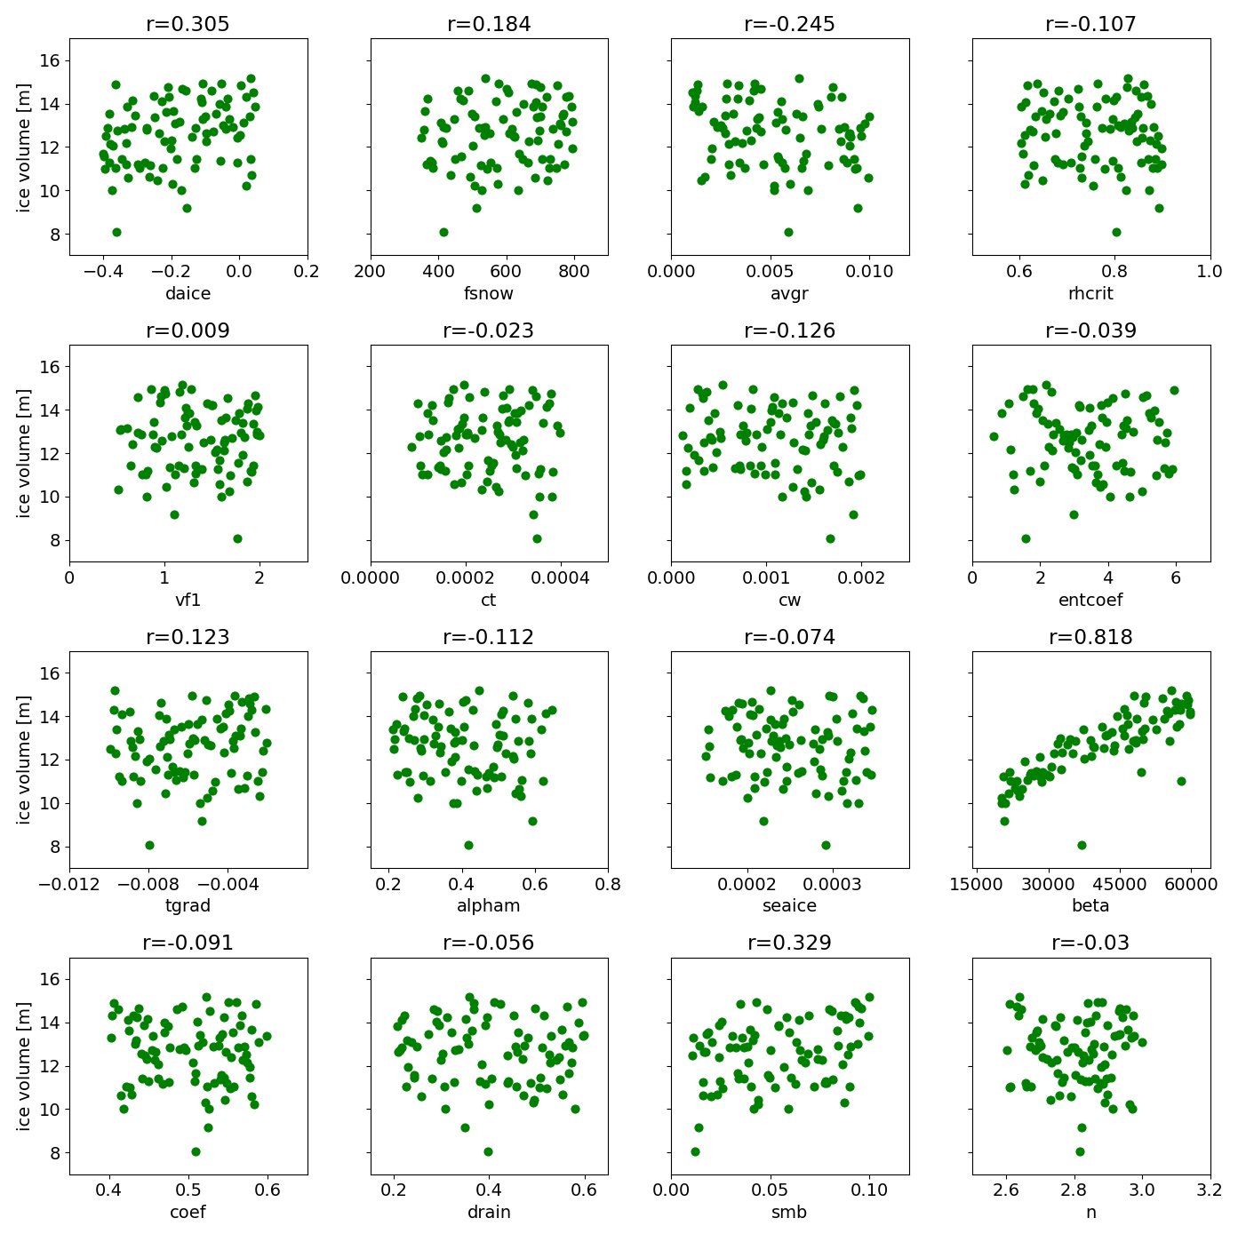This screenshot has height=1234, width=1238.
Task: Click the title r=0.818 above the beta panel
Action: [1090, 637]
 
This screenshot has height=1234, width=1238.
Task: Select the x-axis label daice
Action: [188, 293]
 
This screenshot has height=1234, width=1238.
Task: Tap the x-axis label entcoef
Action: [1090, 600]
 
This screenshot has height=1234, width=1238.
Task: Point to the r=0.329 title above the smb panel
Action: [789, 943]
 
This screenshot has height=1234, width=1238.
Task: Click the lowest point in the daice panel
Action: [116, 232]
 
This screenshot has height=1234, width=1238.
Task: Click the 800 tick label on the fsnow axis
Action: [574, 272]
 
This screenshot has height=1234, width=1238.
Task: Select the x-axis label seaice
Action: [789, 905]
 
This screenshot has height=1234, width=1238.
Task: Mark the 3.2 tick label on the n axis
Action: [1210, 1190]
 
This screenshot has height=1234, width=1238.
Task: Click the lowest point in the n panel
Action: [1080, 1151]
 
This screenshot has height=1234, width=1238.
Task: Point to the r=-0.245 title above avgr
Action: [789, 24]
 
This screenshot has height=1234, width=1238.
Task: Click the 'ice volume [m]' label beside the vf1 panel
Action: [24, 453]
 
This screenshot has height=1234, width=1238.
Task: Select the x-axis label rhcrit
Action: [1090, 293]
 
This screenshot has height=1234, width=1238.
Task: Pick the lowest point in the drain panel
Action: [488, 1151]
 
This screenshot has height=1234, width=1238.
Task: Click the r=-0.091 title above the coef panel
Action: [188, 943]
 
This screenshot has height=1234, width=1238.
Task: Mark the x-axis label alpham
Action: [488, 905]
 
